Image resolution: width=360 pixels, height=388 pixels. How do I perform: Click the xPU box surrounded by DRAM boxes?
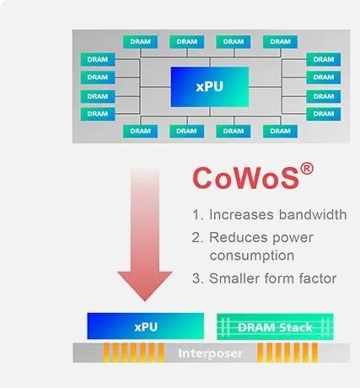[210, 87]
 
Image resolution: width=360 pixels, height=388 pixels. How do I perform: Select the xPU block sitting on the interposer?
[146, 326]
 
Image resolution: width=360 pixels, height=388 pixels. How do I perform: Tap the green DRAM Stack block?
[275, 326]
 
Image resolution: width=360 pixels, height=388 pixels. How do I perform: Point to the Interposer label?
[210, 353]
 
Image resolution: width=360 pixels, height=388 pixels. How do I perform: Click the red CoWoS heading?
[245, 178]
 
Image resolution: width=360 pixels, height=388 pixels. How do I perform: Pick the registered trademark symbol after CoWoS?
[307, 170]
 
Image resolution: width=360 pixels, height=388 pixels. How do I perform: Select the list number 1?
[197, 215]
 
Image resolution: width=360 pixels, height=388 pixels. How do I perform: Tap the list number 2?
[197, 238]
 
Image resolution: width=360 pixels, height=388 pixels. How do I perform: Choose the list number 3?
[197, 278]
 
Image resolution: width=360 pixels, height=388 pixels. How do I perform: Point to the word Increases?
[241, 215]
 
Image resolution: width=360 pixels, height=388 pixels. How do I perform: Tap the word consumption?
[252, 256]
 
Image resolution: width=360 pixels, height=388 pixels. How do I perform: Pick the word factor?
[318, 278]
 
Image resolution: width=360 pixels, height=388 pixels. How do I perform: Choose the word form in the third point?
[279, 278]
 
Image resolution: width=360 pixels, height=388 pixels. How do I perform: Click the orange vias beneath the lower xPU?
[133, 352]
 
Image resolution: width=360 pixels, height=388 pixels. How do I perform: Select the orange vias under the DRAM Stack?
[287, 352]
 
